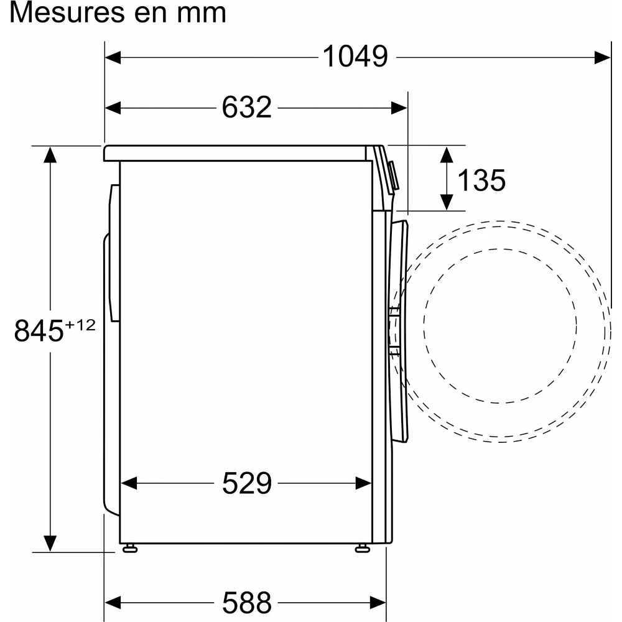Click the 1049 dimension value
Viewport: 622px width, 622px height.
(x=355, y=57)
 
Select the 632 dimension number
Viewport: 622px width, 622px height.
(x=246, y=107)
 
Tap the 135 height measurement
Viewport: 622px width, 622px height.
(x=481, y=180)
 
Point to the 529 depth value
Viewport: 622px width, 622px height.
(x=247, y=483)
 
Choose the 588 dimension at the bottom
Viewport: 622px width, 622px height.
(x=247, y=603)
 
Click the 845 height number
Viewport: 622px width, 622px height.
(x=39, y=330)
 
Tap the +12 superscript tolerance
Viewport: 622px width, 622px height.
(x=80, y=325)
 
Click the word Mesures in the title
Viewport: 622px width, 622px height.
(x=66, y=12)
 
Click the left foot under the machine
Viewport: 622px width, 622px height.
(x=130, y=549)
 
